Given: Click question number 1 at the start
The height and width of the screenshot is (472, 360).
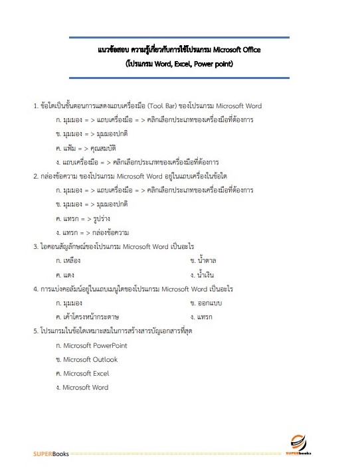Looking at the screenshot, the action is click(x=36, y=106).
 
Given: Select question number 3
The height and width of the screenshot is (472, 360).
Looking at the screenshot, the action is click(x=36, y=246).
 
